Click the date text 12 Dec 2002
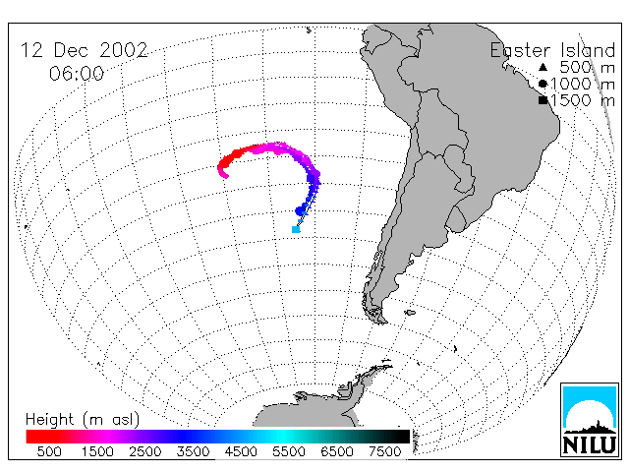85,50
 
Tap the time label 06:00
77,74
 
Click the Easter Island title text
552,50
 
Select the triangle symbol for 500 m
543,67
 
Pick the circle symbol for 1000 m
543,84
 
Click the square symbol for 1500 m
543,100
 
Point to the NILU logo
590,420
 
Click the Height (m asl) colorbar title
83,420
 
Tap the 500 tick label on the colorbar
49,451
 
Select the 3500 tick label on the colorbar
193,451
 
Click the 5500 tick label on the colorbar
289,451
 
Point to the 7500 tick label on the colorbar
385,451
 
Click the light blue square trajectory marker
296,229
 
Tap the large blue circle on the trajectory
301,210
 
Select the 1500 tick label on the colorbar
97,451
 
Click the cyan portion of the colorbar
283,437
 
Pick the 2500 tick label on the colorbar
145,451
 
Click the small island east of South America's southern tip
410,313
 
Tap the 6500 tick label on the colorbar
337,451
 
